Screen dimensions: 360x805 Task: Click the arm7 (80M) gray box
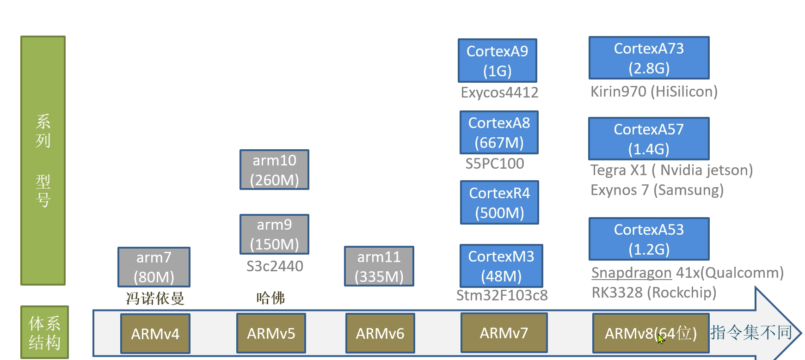[154, 267]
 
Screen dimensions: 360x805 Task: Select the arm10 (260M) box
[274, 170]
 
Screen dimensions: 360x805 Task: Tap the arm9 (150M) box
[274, 234]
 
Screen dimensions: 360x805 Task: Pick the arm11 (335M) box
[379, 266]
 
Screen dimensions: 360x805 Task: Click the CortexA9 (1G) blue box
[497, 61]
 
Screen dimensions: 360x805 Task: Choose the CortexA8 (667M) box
[499, 133]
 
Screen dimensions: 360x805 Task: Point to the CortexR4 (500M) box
[499, 202]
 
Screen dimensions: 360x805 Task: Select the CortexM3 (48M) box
[501, 266]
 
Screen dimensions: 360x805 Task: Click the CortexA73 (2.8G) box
[649, 58]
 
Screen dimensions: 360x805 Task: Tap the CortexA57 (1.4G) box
[649, 139]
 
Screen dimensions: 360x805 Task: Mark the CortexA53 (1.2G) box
[649, 239]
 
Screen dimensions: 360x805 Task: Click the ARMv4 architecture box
[155, 334]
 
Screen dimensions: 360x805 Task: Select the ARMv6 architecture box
[380, 333]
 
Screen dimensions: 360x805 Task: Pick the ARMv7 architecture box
[504, 333]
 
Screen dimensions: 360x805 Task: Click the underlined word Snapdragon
[631, 273]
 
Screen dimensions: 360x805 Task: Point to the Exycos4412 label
[499, 92]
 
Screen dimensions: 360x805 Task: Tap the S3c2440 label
[275, 266]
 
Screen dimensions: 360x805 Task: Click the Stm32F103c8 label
[502, 295]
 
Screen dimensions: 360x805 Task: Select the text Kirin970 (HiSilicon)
[654, 92]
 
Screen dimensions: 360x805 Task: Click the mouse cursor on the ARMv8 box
[661, 339]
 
